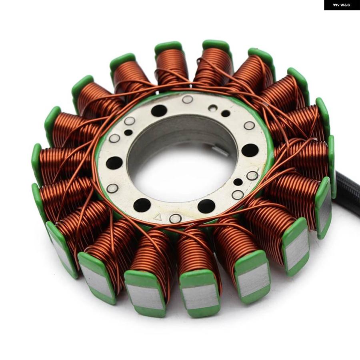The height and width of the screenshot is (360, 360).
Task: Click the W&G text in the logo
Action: pyautogui.click(x=346, y=5)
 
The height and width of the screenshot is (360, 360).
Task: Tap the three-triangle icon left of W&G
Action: pyautogui.click(x=336, y=5)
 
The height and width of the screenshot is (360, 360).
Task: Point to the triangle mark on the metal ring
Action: pyautogui.click(x=157, y=216)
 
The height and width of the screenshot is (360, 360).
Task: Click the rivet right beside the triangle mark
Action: pyautogui.click(x=175, y=218)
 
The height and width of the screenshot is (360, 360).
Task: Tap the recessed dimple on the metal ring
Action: pyautogui.click(x=213, y=108)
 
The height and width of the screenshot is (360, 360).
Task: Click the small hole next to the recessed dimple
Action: pyautogui.click(x=226, y=113)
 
